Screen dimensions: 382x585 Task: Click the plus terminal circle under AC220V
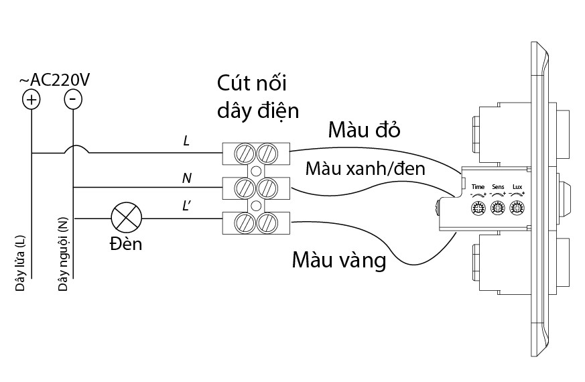coord(31,100)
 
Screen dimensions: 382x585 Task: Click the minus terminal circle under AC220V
coord(72,99)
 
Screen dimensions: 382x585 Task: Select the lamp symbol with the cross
coord(127,218)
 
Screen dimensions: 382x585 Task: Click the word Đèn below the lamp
coord(126,243)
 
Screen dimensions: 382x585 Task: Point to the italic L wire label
coord(186,141)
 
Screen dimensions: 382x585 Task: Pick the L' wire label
coord(188,206)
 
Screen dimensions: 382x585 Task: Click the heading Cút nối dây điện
coord(257,97)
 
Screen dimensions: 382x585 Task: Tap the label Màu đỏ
coord(364,130)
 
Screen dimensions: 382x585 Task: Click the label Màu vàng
coord(339,260)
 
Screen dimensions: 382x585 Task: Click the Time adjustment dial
coord(478,207)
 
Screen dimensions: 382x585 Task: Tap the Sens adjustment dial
coord(497,207)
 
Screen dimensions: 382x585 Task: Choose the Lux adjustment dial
coord(517,207)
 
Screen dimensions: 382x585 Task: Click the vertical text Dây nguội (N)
coord(62,255)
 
